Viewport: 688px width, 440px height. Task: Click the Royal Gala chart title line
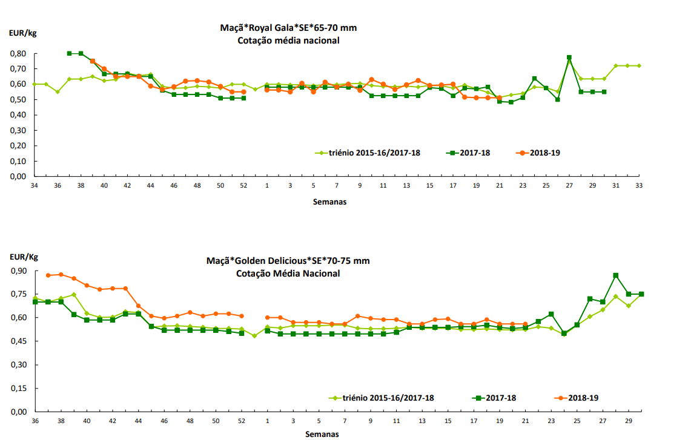(x=293, y=28)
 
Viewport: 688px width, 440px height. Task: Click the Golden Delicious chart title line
(x=288, y=261)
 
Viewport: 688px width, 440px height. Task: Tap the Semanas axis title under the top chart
(x=330, y=202)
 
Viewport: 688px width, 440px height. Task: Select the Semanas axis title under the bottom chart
(x=322, y=434)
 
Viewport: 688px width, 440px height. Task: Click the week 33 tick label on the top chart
(x=639, y=185)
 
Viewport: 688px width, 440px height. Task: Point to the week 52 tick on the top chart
(x=243, y=185)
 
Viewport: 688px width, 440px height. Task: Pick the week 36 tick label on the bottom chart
(x=35, y=421)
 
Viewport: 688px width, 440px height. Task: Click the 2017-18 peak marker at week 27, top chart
(x=569, y=57)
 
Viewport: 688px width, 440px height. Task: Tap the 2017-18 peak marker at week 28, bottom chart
(x=615, y=275)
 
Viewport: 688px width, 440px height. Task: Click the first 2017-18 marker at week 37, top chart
(x=69, y=53)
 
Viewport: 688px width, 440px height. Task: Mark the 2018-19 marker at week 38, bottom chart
(x=61, y=275)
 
